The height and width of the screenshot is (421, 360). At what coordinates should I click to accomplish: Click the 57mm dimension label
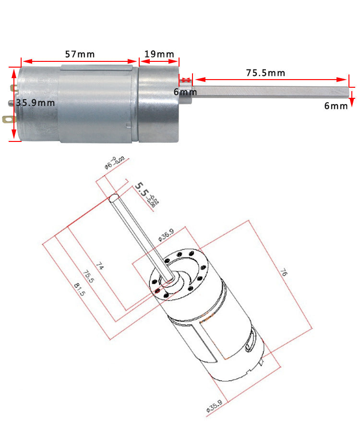(80, 54)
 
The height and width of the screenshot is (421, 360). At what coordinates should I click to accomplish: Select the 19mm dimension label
(159, 54)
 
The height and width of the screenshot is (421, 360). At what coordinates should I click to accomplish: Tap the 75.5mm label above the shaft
(265, 73)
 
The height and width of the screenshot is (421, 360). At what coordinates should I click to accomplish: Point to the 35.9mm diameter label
(35, 103)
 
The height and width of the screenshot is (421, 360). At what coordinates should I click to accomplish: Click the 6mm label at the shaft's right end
(336, 106)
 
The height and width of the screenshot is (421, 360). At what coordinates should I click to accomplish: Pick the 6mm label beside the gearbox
(185, 92)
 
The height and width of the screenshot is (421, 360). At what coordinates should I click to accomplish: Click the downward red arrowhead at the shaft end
(351, 102)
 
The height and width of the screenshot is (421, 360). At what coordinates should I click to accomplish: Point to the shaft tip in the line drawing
(113, 197)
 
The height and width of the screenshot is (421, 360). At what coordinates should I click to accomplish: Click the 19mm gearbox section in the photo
(159, 103)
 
